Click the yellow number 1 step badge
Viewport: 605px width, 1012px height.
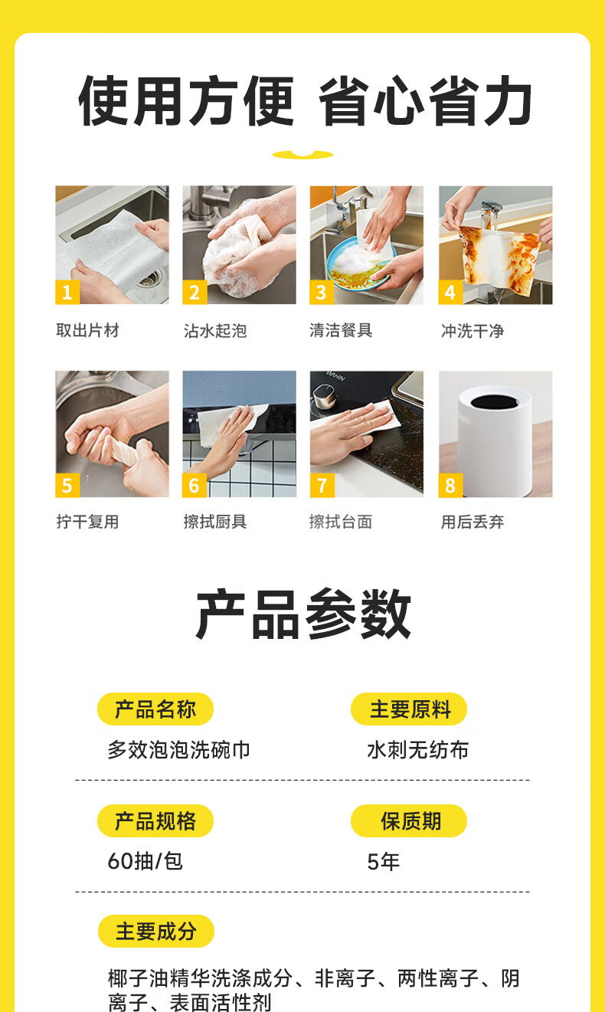click(x=67, y=292)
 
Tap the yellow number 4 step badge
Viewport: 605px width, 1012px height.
click(x=450, y=292)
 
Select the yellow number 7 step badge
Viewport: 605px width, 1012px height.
click(x=322, y=485)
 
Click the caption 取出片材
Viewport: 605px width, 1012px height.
click(x=87, y=330)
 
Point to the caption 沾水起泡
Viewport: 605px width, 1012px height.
click(x=215, y=331)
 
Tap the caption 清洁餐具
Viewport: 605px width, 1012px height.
click(x=341, y=330)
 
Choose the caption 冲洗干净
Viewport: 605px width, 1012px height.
click(x=473, y=331)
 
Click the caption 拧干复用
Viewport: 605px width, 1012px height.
click(x=87, y=522)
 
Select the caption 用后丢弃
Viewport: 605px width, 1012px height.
click(x=473, y=522)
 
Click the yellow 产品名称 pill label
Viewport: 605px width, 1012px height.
click(x=155, y=709)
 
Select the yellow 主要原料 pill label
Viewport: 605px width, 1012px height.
click(x=409, y=709)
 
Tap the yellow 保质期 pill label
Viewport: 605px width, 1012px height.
click(x=409, y=821)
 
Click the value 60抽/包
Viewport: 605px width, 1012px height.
click(x=145, y=861)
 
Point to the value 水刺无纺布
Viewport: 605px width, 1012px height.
click(x=418, y=750)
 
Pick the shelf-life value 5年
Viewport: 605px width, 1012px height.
click(x=384, y=862)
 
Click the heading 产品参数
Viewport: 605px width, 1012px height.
click(x=303, y=614)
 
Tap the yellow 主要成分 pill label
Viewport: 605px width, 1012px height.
click(x=156, y=931)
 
